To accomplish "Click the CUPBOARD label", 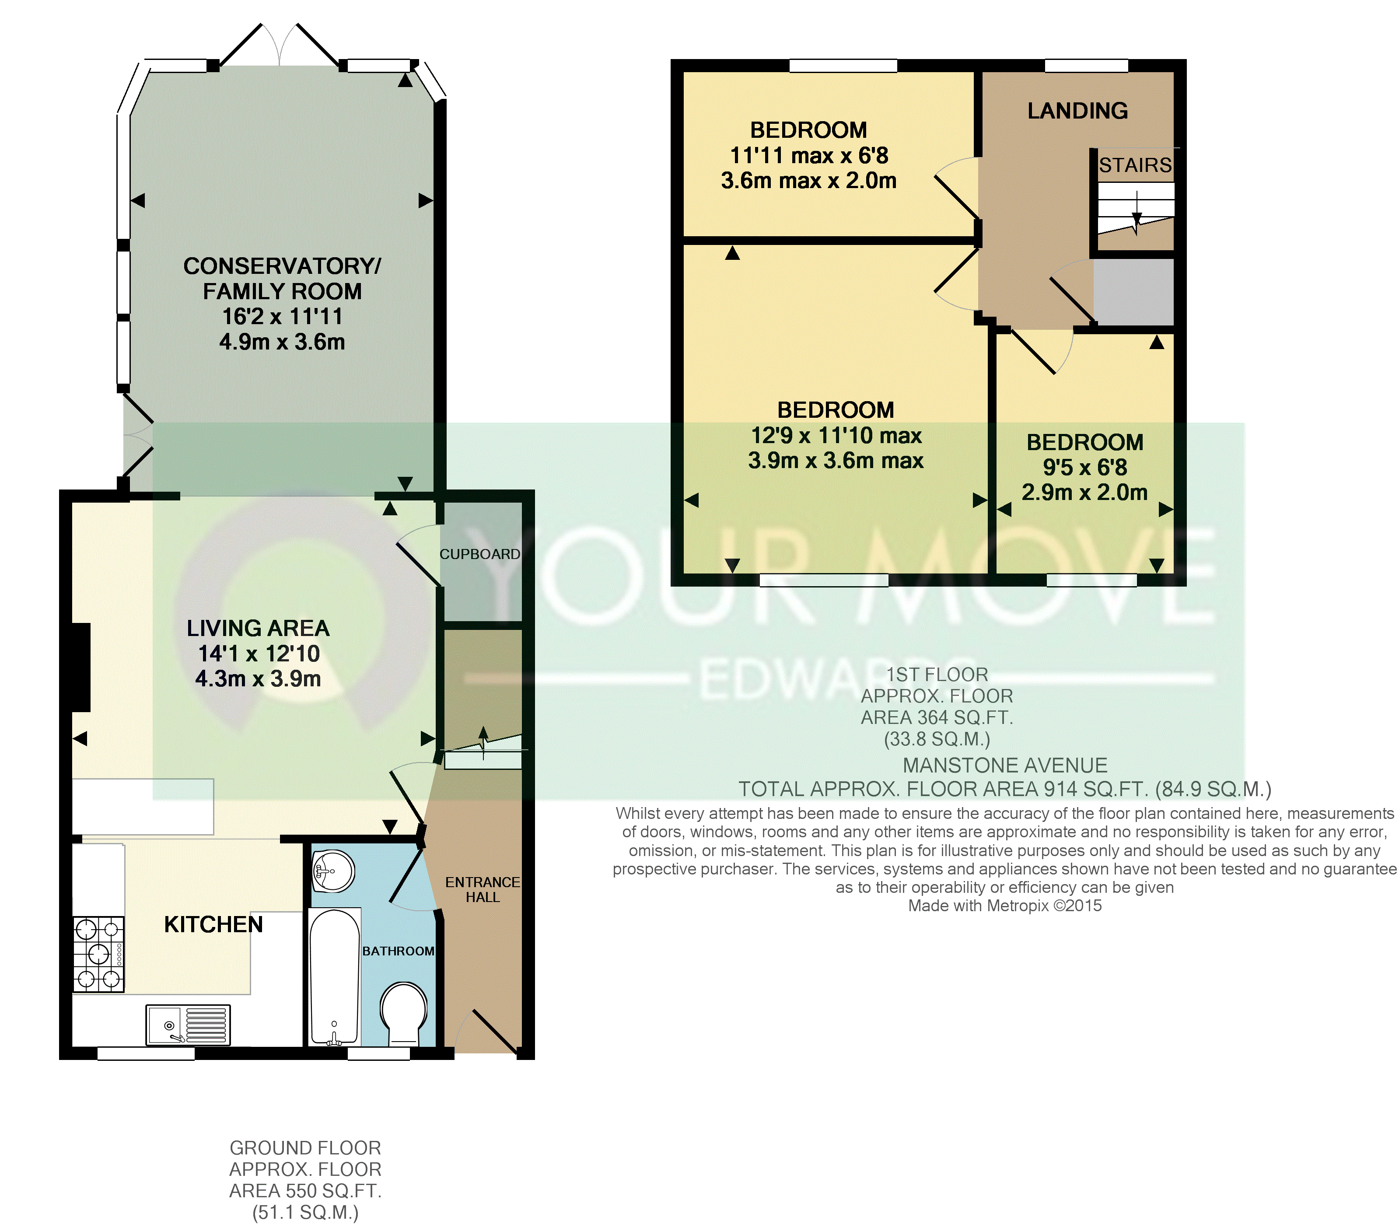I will [479, 554].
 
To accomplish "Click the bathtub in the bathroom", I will [335, 977].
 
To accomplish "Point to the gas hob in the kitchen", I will [98, 954].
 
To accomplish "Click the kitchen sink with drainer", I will [188, 1025].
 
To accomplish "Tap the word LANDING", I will [1077, 111].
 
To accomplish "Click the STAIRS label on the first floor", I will [1135, 165].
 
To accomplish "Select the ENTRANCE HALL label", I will [482, 889].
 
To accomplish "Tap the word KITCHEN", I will [213, 924].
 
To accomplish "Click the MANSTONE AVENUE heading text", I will [1005, 765].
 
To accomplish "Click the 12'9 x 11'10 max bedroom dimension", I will [836, 435].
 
